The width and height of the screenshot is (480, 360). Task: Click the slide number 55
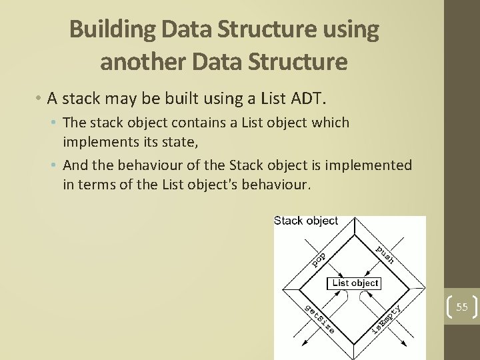coord(462,307)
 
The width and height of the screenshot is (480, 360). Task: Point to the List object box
coord(355,283)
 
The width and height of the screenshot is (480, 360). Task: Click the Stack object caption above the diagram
coord(306,221)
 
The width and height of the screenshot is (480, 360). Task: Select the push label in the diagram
coord(385,254)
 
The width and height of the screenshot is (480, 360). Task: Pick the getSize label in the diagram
coord(319,318)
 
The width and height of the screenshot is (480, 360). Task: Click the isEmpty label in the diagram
coord(386,319)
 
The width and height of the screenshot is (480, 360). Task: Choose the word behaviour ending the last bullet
coord(274,184)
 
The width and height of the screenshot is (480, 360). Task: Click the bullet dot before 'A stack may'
coord(40,99)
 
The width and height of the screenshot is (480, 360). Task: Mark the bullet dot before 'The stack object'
coord(56,123)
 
